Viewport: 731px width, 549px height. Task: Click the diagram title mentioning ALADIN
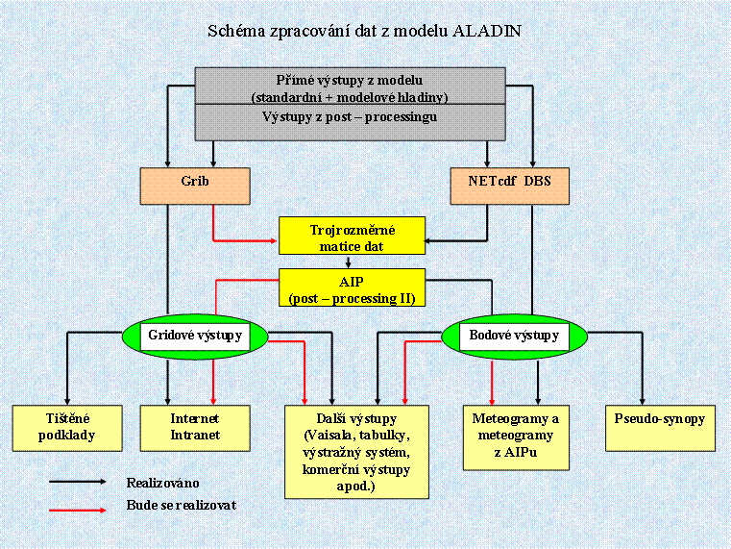tap(365, 31)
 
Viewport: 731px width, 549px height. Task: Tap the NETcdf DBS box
tap(509, 185)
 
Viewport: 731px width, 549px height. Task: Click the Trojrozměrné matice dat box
tap(352, 237)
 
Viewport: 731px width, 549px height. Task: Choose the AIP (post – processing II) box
tap(352, 287)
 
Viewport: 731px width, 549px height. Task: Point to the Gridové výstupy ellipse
tap(195, 336)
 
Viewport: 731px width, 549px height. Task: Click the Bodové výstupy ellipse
tap(514, 336)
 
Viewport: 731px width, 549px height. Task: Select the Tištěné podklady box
tap(66, 427)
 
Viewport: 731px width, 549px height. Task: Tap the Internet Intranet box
tap(195, 427)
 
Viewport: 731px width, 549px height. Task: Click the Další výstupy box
tap(356, 452)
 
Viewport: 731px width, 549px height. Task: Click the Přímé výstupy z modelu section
tap(350, 87)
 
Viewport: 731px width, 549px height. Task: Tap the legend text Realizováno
tap(162, 482)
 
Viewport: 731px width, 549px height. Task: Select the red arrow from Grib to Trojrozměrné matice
tap(240, 237)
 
